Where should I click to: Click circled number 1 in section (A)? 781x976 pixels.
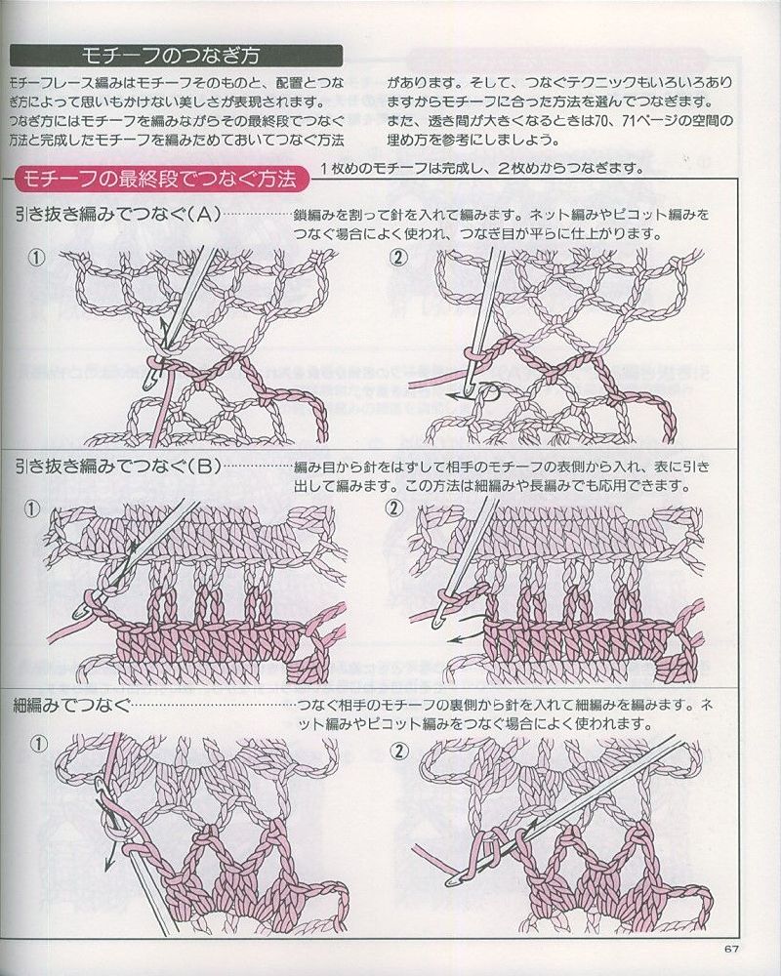pyautogui.click(x=37, y=258)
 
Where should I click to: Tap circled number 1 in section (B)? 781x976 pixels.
pyautogui.click(x=37, y=508)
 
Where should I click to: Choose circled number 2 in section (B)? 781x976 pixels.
pyautogui.click(x=395, y=508)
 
